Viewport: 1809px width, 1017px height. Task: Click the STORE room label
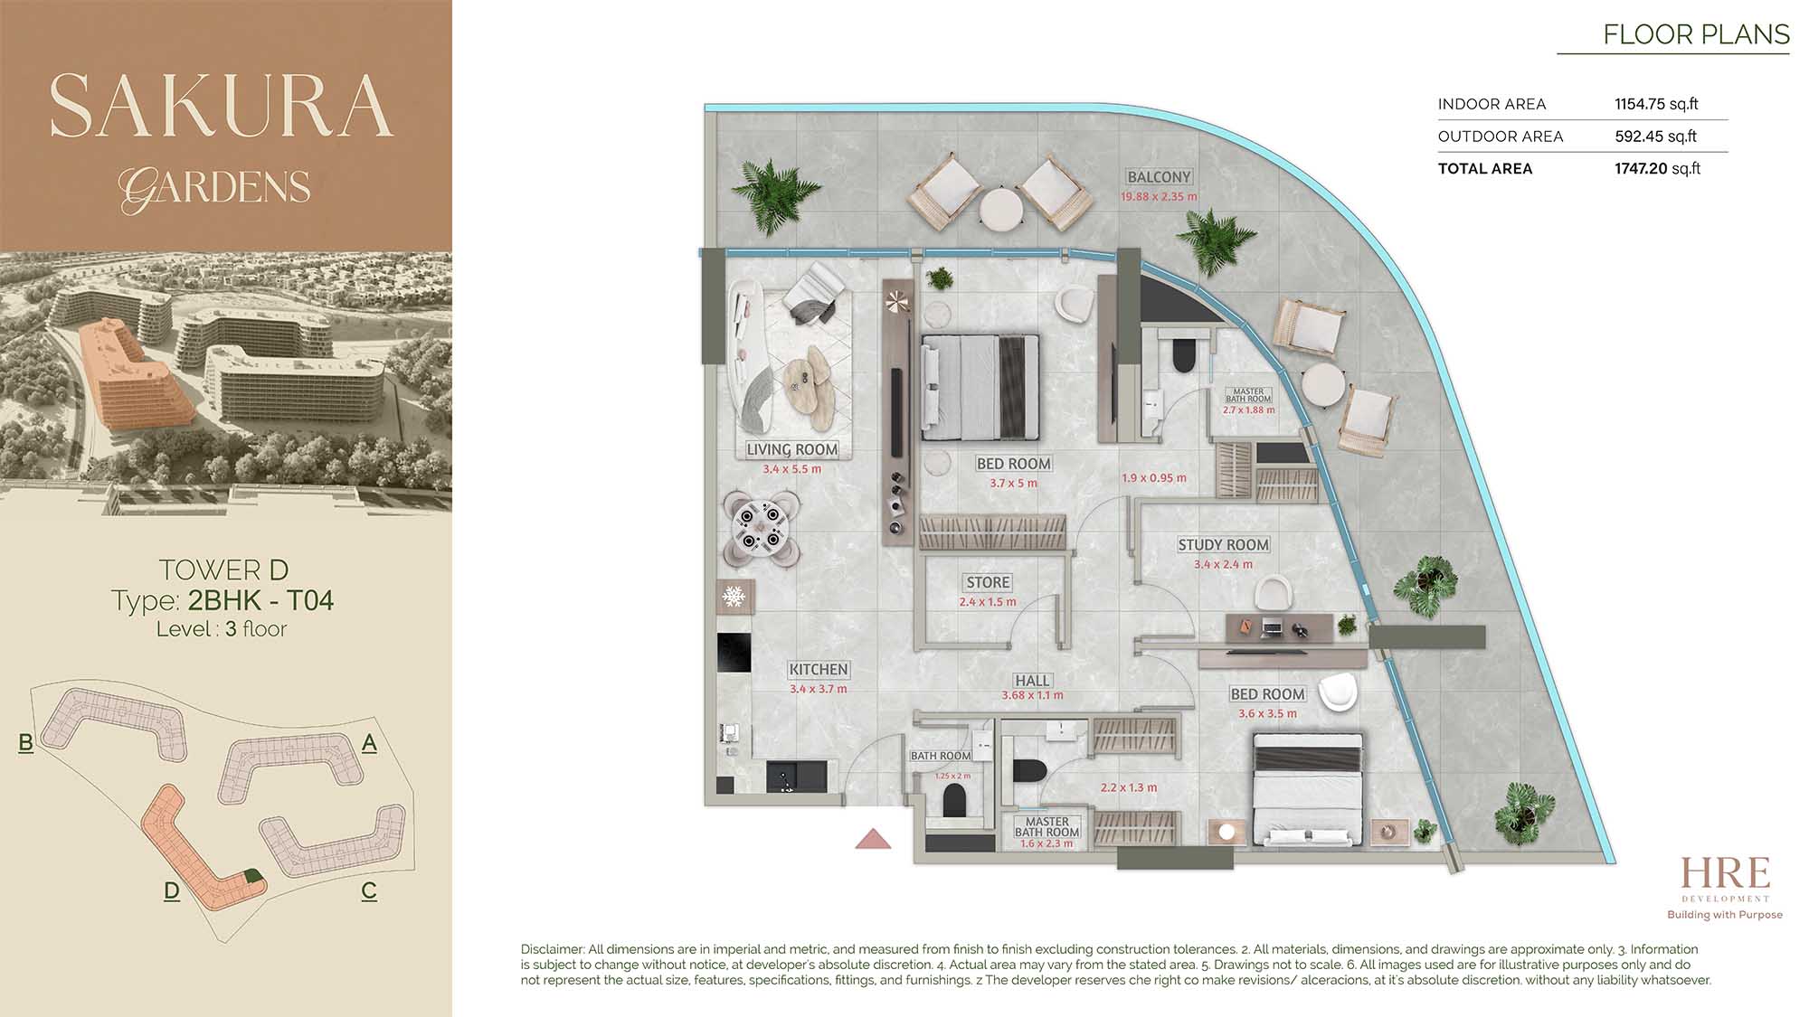[x=988, y=583]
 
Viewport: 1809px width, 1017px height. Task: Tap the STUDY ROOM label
[x=1223, y=545]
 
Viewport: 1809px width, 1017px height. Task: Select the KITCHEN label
[x=819, y=670]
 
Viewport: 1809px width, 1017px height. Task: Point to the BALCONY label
[x=1159, y=177]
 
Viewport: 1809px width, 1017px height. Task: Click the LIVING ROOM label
[x=792, y=450]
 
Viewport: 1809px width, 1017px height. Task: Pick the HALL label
[x=1032, y=681]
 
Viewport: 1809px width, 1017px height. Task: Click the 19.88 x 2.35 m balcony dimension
[x=1159, y=197]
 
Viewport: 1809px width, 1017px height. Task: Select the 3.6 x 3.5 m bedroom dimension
[x=1267, y=714]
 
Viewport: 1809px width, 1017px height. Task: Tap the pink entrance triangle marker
[x=873, y=839]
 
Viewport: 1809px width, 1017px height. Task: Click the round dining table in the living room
[x=761, y=529]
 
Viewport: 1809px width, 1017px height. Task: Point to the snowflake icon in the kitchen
[x=734, y=597]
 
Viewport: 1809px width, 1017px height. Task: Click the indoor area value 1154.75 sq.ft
[x=1656, y=104]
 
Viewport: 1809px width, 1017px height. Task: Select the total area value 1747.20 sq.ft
[x=1657, y=169]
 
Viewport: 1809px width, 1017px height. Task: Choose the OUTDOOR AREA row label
[x=1501, y=137]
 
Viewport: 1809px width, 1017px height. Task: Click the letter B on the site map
[x=25, y=743]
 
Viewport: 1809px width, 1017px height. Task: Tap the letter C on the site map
[x=369, y=891]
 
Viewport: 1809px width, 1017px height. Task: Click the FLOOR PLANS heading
[x=1696, y=34]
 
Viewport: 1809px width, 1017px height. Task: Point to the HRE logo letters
[x=1725, y=873]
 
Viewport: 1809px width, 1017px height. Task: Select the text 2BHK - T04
[x=260, y=601]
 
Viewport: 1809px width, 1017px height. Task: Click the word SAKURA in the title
[x=222, y=106]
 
